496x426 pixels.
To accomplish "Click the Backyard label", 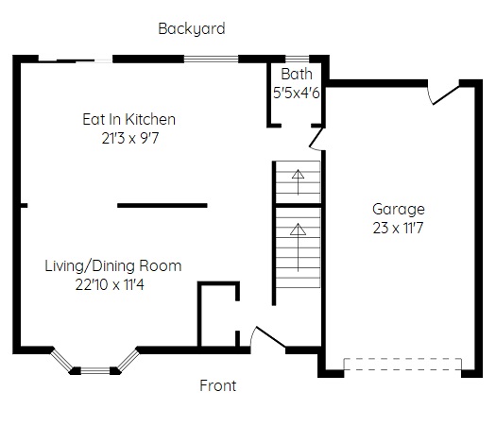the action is [x=192, y=28].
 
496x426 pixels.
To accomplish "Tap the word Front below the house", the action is [x=218, y=385].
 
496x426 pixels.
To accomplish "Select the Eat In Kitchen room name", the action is [x=128, y=119].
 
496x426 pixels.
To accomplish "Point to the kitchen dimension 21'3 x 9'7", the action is [x=130, y=138].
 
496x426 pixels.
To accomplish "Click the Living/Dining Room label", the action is [x=113, y=265].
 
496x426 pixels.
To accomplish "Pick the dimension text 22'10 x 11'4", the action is [x=110, y=284].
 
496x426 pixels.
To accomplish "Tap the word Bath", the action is [x=297, y=74].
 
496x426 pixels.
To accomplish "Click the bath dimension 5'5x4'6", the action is [x=297, y=93].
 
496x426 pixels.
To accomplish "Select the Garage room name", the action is [x=399, y=210].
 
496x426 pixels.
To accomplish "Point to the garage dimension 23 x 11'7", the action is [x=398, y=228].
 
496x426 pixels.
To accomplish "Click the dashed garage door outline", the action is [x=402, y=364].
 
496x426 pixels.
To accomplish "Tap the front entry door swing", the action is [x=270, y=337].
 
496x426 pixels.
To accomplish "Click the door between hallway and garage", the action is [x=316, y=139].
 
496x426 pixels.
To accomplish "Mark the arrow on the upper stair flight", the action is [x=298, y=182].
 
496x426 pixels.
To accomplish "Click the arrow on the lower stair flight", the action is [x=298, y=247].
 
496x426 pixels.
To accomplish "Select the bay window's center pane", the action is [x=95, y=370].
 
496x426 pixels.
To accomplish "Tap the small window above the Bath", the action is [x=297, y=59].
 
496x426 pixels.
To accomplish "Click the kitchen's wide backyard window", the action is [x=211, y=59].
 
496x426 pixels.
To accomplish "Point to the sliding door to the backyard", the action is [x=76, y=60].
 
